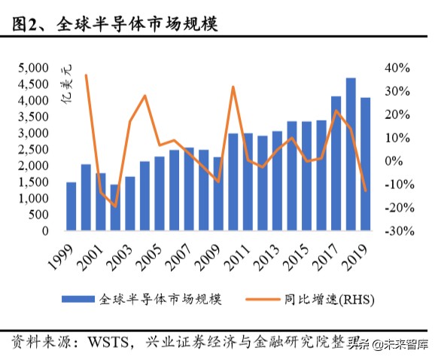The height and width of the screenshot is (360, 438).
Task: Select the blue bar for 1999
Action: pos(71,206)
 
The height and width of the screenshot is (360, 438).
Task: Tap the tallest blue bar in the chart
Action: pos(351,154)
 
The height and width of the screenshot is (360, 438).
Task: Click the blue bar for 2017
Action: pos(336,163)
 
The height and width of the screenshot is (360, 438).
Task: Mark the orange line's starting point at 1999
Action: pos(86,75)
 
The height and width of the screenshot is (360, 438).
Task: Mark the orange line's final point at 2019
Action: pos(366,191)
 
